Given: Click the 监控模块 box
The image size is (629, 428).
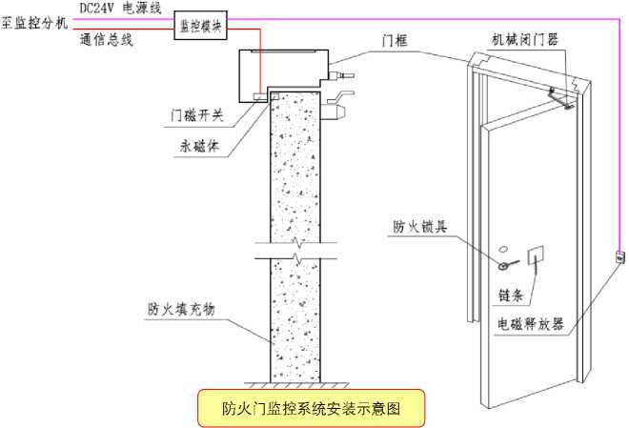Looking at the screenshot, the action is coord(200,26).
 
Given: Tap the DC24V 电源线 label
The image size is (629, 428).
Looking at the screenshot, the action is coord(120,8).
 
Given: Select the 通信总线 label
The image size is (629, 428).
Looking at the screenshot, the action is coord(107,39).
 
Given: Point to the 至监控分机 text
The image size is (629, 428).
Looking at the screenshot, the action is coord(34,23).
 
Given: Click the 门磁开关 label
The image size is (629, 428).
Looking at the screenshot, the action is coord(196,115).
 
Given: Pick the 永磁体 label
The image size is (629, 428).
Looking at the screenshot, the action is coord(199,146).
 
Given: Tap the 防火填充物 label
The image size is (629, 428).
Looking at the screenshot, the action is coord(181,309).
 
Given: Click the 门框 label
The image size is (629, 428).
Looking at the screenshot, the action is coord(396,41).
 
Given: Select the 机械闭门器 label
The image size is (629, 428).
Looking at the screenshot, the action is coord(525,40).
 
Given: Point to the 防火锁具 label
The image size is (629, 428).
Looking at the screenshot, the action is coord(420,227).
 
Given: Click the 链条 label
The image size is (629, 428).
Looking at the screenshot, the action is coord(511,296).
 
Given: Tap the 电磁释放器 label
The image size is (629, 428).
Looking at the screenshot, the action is coord(531,324).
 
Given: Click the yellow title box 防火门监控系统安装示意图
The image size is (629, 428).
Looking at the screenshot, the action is coord(311,408).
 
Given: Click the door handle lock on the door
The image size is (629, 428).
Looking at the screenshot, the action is coord(507,264).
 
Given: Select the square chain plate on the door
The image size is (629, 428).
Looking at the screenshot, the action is coord(536,255).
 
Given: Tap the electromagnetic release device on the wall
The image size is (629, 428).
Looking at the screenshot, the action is coord(620,256).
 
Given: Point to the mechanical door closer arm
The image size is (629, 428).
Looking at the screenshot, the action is coord(560,99).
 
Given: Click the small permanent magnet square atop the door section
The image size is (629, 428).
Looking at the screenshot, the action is coord(274,96).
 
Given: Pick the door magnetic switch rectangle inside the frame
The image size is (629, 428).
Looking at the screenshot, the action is coord(260,96).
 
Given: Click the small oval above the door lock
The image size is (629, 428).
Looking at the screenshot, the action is coord(503,249).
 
